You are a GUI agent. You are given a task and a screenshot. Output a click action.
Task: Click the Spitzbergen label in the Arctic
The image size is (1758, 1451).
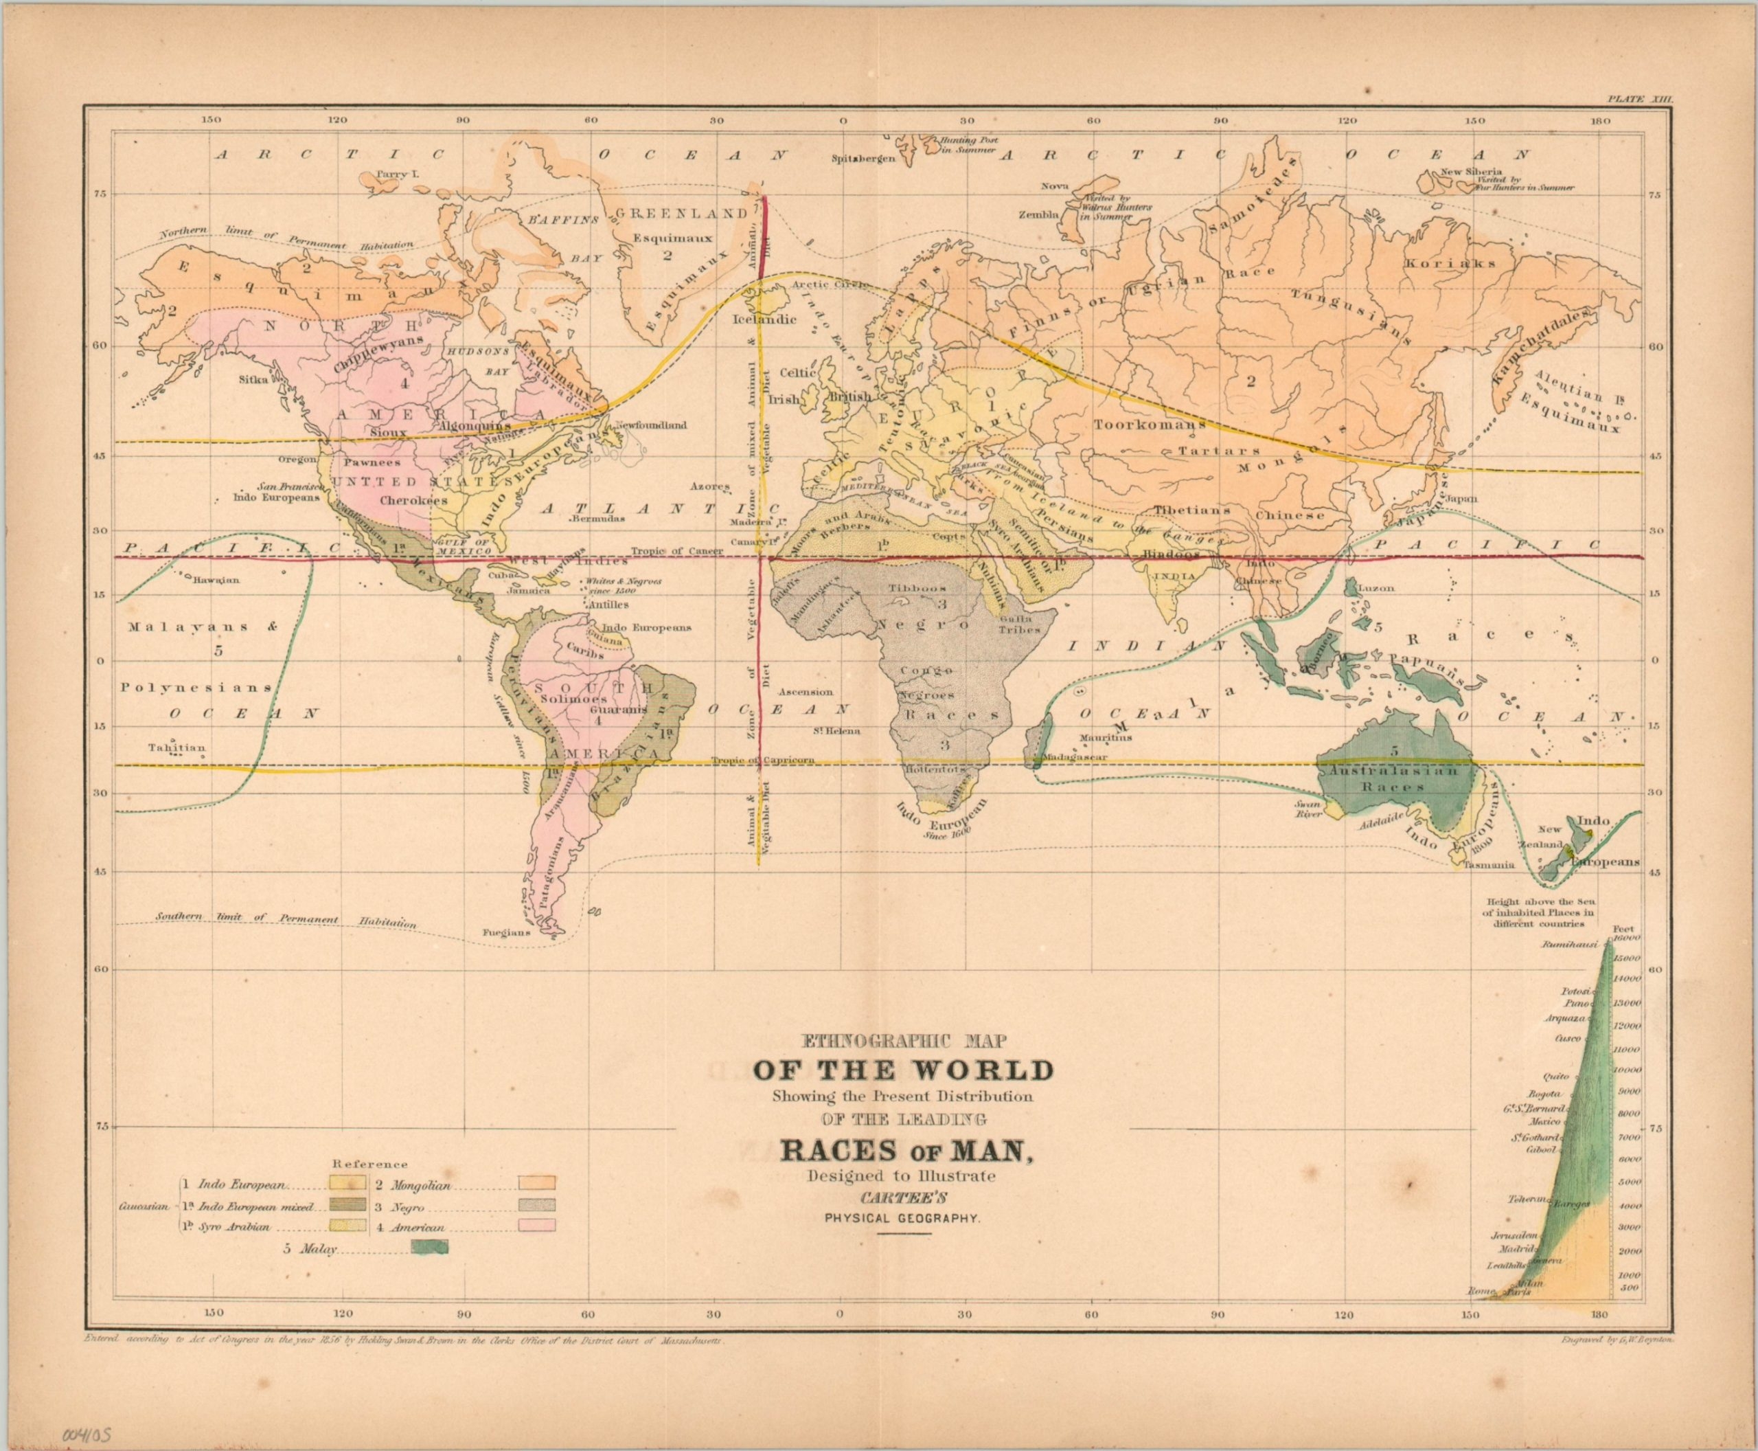tap(864, 158)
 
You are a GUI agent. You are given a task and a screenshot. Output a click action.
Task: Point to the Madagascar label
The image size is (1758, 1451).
tap(1077, 756)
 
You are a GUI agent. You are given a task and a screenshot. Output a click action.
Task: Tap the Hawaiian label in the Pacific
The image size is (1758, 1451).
tap(216, 579)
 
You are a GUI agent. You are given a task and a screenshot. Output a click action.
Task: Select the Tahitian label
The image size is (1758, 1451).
tap(176, 748)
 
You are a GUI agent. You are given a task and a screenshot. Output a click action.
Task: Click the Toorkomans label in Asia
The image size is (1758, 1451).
tap(1150, 424)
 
